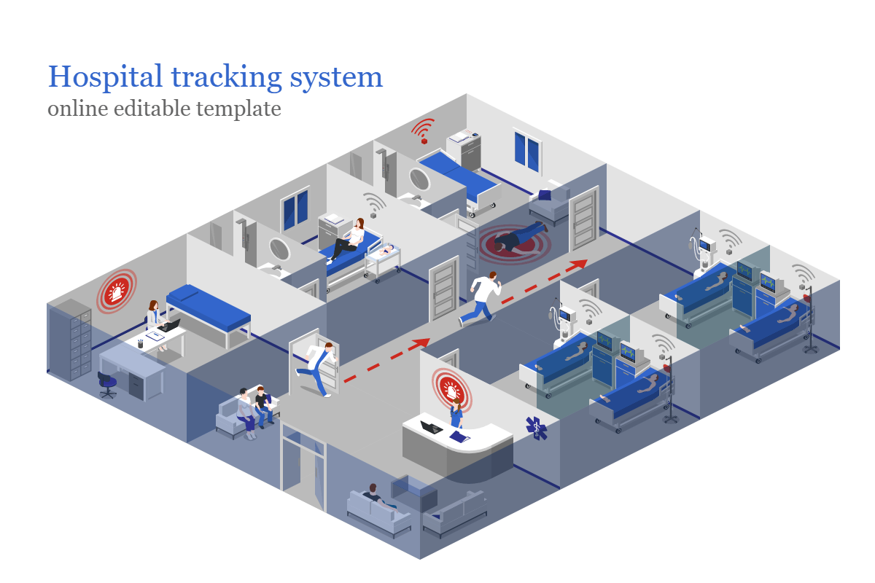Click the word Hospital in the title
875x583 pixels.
point(105,77)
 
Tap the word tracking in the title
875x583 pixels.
point(227,78)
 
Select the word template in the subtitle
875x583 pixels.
point(238,109)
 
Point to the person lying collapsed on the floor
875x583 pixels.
point(519,236)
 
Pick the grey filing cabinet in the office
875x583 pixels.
point(71,340)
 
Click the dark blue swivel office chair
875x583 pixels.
point(107,385)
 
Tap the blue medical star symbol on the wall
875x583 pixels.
point(537,428)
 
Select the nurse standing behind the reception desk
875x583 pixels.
point(456,413)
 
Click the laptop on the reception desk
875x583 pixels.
point(431,427)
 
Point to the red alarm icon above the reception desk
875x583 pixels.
point(451,388)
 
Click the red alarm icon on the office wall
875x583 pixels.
point(117,291)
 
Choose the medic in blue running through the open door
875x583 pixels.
point(316,369)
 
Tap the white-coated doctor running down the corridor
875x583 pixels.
point(480,299)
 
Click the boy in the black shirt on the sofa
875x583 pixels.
point(263,406)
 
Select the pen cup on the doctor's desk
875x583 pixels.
point(140,343)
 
